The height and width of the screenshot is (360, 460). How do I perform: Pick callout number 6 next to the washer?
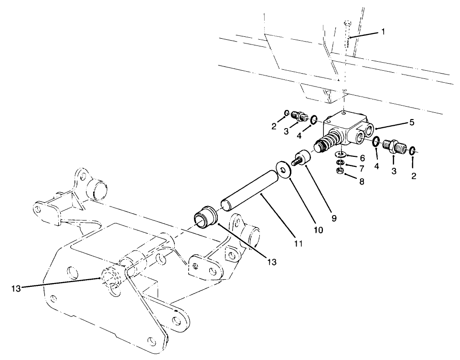[x=362, y=157]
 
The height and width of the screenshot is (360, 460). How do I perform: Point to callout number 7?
[x=362, y=168]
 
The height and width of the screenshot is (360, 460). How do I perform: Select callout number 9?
[x=334, y=218]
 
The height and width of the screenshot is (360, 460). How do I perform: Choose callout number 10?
[x=319, y=230]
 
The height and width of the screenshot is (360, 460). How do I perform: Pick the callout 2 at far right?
[x=414, y=176]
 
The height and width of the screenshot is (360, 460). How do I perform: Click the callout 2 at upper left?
[x=274, y=126]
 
